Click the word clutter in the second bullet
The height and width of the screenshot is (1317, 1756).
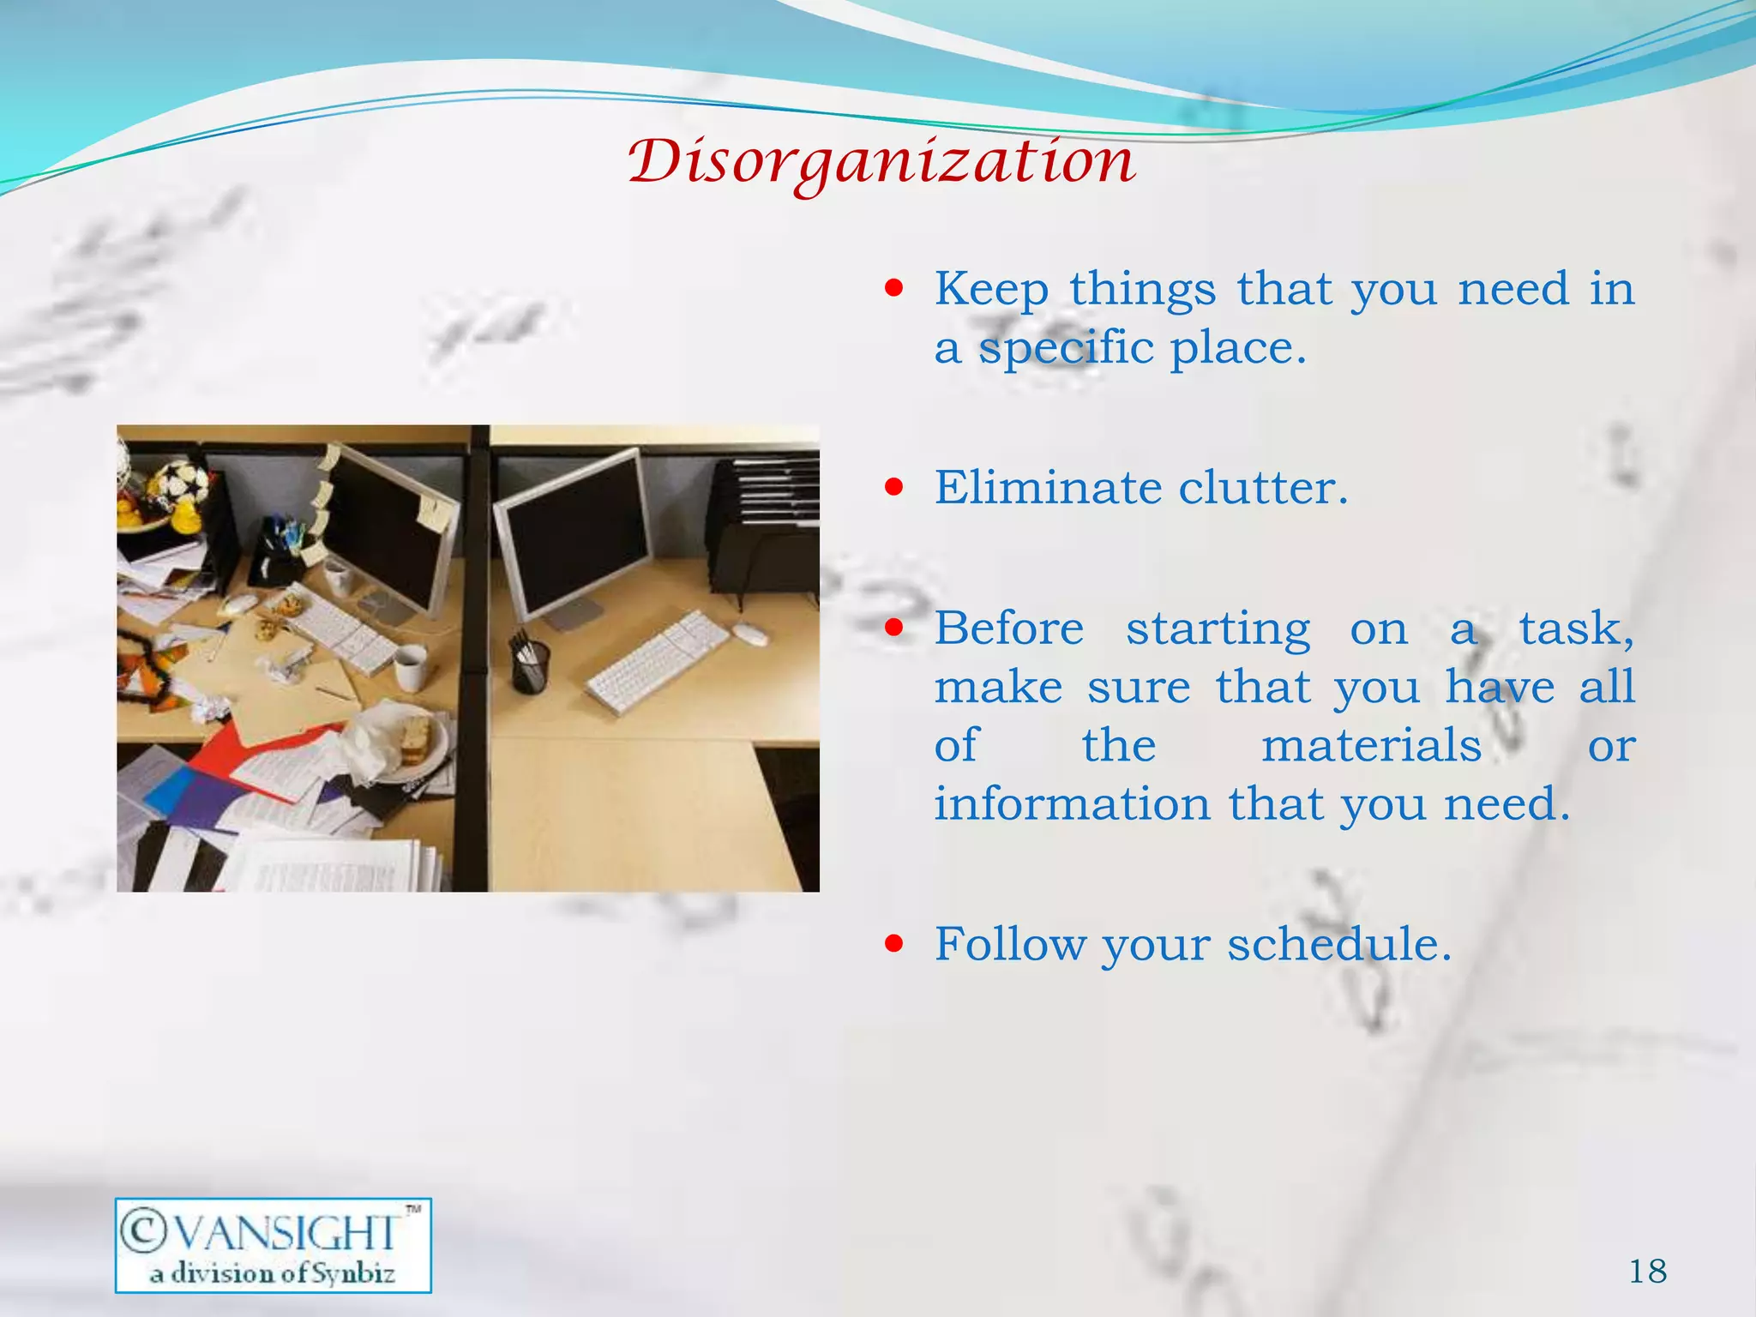[x=1262, y=488]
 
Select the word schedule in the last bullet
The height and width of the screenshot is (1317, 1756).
[x=1338, y=944]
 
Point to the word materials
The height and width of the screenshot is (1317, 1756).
[x=1371, y=745]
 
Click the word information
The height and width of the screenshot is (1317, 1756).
[x=1072, y=803]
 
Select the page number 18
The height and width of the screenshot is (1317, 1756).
[x=1648, y=1272]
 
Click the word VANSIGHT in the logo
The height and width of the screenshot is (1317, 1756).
[x=286, y=1234]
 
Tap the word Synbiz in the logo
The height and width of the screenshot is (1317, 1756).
[x=352, y=1274]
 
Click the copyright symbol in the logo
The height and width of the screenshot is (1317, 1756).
[x=143, y=1231]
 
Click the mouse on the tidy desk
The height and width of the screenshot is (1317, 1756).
[x=749, y=634]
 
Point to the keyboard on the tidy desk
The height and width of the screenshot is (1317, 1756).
[x=658, y=660]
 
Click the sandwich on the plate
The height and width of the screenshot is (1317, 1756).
[x=416, y=739]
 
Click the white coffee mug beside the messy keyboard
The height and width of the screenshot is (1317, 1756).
[x=410, y=666]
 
